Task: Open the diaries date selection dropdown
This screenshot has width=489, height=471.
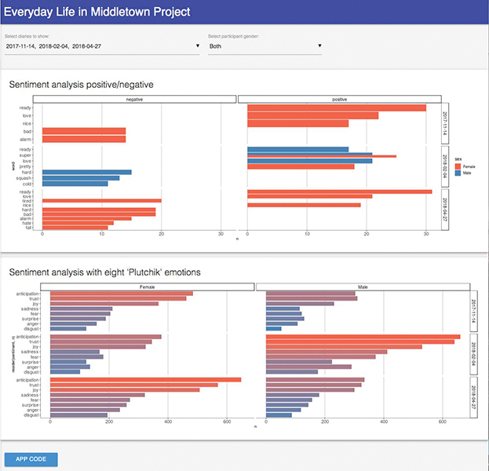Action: (x=102, y=46)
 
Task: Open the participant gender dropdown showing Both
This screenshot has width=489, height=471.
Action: (x=265, y=46)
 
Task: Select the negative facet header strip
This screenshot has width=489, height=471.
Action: (x=139, y=99)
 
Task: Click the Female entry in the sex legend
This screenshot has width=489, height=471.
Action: (x=465, y=166)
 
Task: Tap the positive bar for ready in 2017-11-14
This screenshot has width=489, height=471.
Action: (x=336, y=108)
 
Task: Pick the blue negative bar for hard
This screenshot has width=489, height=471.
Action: (x=87, y=172)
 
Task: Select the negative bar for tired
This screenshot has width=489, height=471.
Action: (x=101, y=201)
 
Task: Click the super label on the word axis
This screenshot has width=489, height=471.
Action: (x=27, y=155)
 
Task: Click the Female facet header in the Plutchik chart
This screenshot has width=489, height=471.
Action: (x=147, y=287)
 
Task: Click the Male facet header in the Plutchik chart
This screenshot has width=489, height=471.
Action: (x=362, y=287)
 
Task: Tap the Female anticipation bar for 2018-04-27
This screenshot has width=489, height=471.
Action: (x=145, y=380)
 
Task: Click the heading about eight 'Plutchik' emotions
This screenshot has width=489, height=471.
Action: (x=104, y=272)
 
